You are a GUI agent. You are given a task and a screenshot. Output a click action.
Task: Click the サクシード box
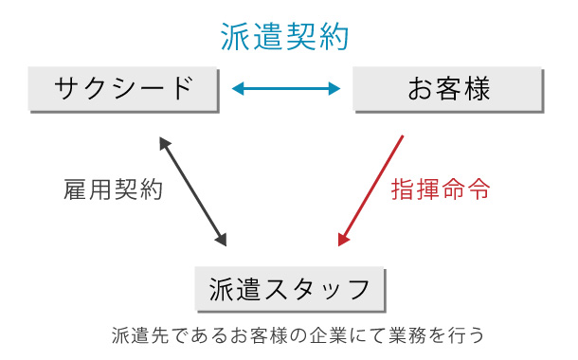tap(124, 89)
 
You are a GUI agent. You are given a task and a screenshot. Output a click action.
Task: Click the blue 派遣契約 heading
tap(285, 37)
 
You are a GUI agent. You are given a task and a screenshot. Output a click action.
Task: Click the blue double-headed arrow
tap(286, 90)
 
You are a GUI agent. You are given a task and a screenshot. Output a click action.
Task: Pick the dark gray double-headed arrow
tap(193, 190)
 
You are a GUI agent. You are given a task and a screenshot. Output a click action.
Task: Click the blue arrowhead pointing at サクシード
tap(237, 90)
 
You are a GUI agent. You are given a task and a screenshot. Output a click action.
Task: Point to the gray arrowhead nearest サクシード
tap(163, 141)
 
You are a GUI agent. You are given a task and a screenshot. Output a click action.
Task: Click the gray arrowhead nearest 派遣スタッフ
tap(222, 239)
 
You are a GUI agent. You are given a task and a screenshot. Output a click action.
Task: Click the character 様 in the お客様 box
tap(477, 89)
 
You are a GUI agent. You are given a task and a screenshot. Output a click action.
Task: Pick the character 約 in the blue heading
tap(334, 37)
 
